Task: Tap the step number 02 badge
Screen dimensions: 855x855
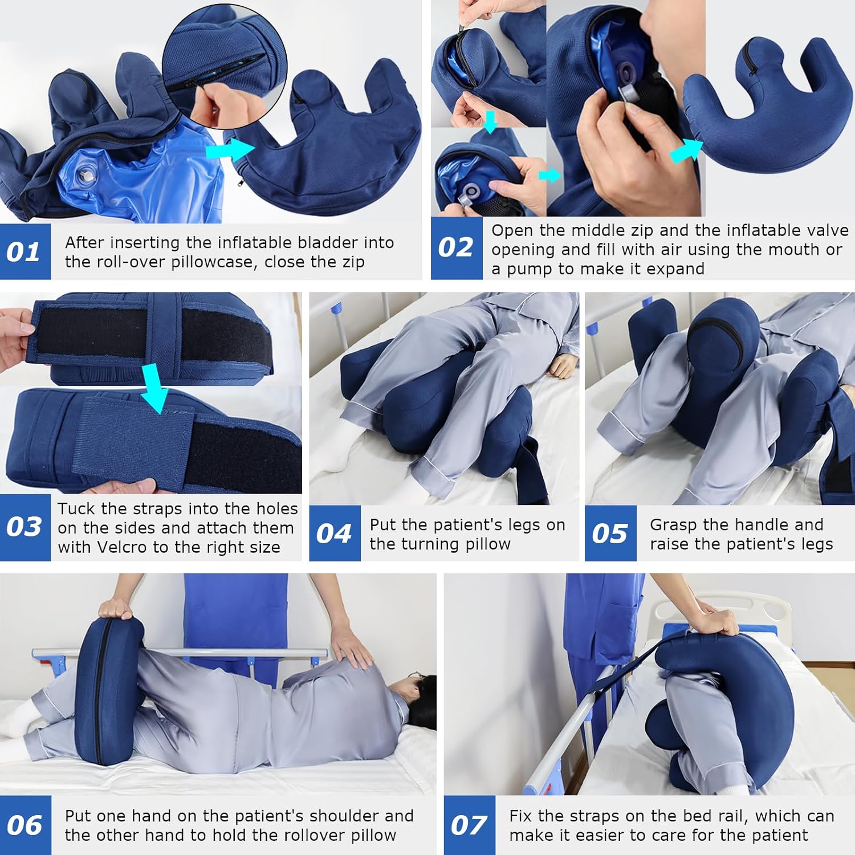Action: coord(456,248)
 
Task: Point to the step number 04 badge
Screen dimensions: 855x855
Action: coord(335,534)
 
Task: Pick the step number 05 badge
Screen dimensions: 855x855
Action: coord(610,534)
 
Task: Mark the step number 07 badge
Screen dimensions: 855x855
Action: coord(469,825)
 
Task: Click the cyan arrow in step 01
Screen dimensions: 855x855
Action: coord(229,150)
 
